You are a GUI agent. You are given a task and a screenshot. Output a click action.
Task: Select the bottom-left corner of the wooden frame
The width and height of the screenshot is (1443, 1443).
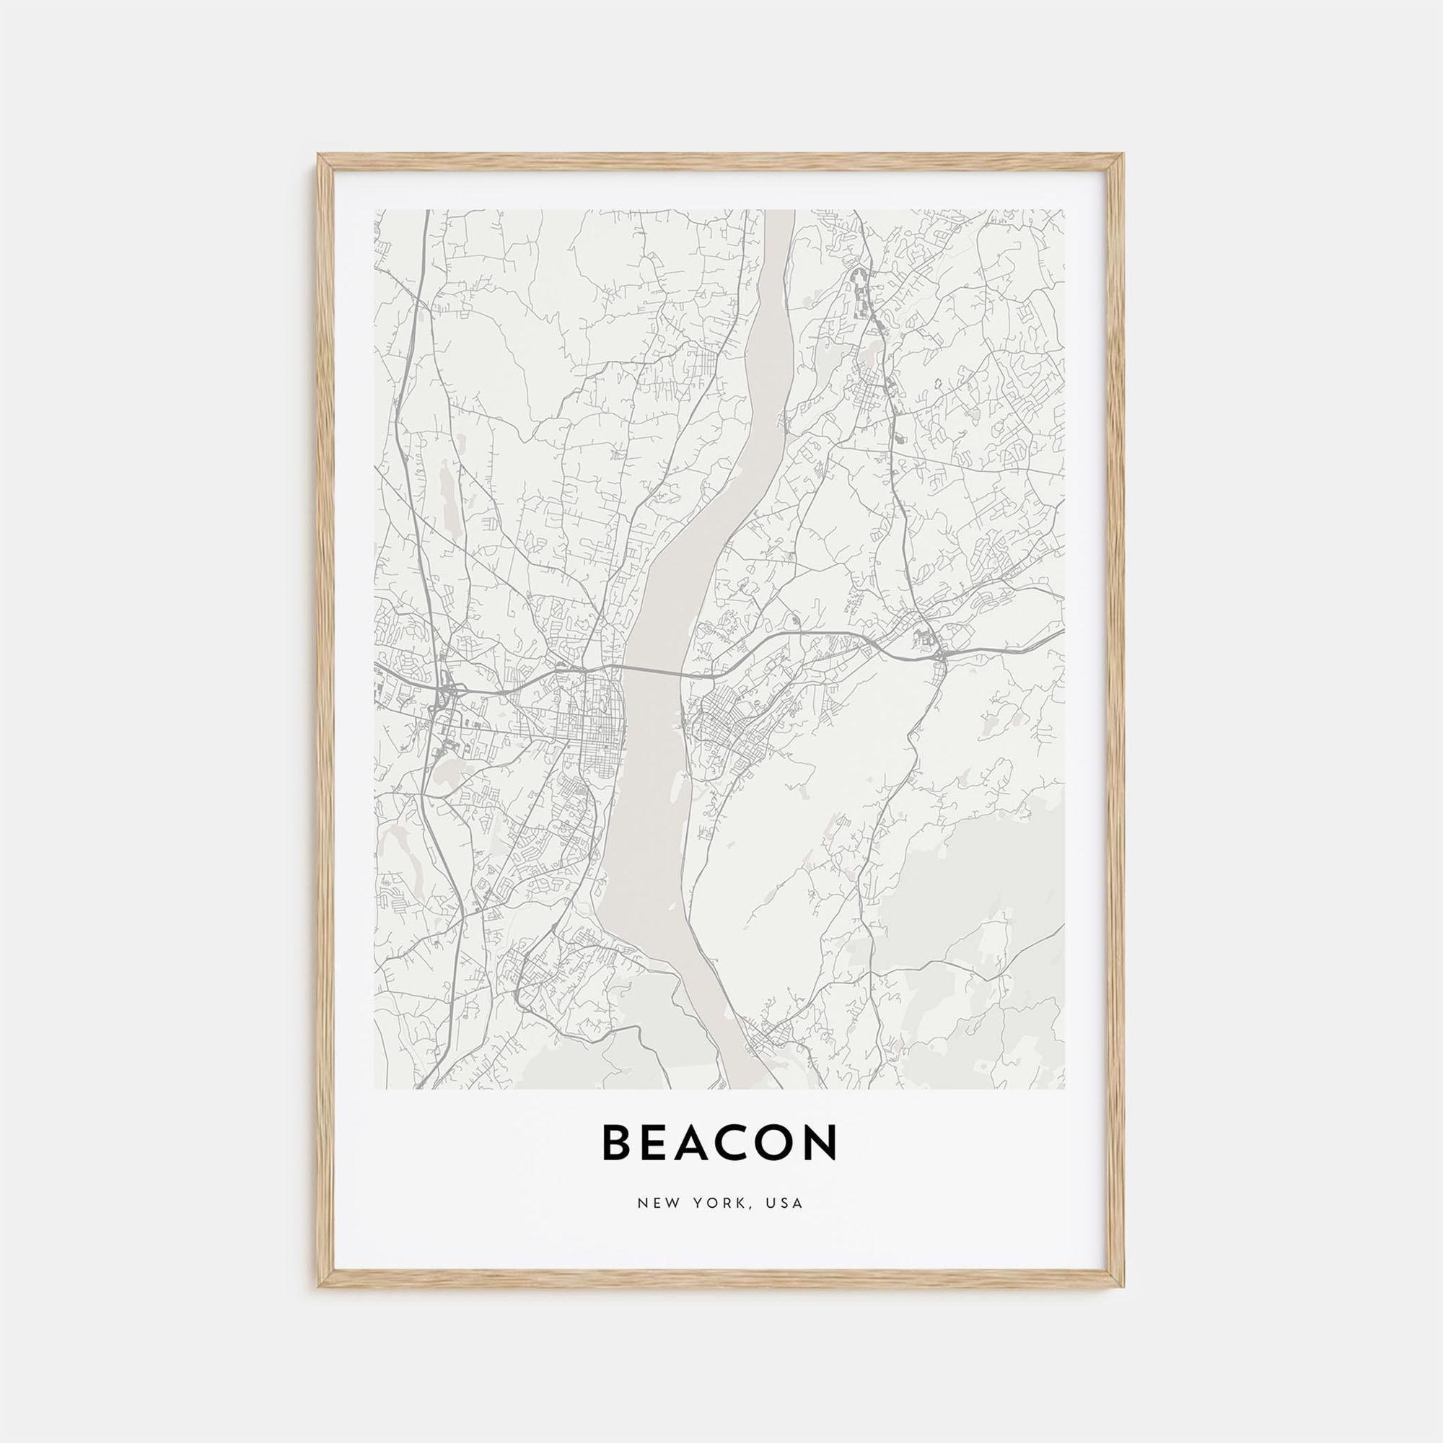(320, 1286)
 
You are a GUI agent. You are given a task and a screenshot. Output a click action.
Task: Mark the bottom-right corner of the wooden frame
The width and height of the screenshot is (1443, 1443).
(1123, 1286)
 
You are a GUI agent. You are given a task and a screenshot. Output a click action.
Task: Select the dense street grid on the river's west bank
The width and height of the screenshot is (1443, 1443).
(590, 728)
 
